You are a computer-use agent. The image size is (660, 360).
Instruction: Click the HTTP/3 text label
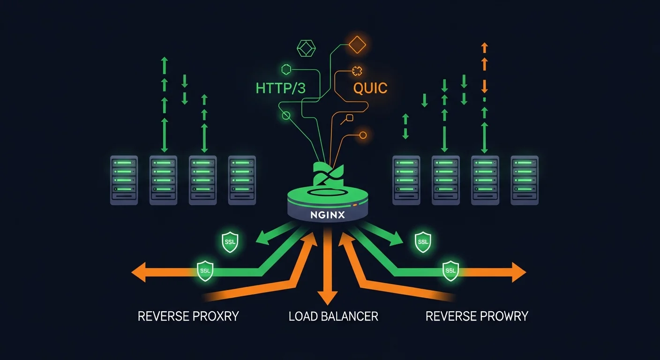point(280,88)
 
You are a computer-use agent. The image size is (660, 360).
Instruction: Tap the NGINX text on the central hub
point(328,215)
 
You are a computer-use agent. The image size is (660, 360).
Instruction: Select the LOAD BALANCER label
point(333,316)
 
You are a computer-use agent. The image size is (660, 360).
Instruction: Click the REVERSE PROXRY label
point(188,316)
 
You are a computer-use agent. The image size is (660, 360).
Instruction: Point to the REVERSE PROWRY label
point(477,316)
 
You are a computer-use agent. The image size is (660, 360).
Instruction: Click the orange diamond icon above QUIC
point(357,45)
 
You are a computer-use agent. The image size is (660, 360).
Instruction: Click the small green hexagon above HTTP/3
point(286,70)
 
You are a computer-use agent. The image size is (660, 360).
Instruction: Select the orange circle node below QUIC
point(362,135)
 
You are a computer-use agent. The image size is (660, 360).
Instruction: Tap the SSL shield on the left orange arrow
point(205,271)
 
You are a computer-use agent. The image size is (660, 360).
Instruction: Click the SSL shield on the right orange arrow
point(450,271)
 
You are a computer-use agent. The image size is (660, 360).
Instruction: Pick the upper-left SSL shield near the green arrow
point(230,242)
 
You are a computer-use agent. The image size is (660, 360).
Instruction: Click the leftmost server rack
point(124,180)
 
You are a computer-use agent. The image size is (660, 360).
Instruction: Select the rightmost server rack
point(525,180)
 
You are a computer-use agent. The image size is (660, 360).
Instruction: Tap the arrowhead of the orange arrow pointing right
point(518,272)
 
